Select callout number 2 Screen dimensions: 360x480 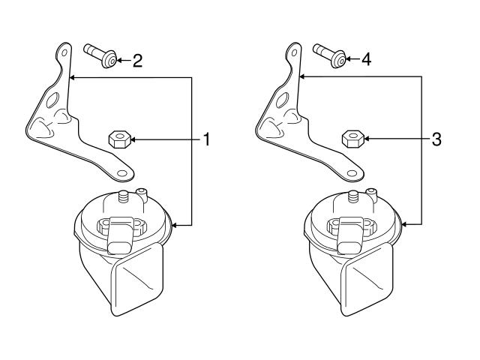click(137, 61)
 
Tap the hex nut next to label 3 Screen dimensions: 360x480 click(352, 139)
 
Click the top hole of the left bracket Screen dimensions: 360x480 click(64, 52)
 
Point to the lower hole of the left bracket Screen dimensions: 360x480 click(120, 174)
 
